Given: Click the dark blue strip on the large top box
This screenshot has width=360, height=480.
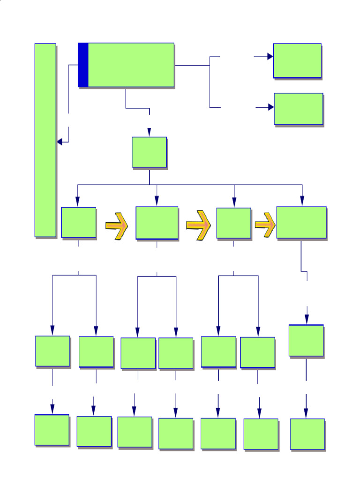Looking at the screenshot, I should (x=83, y=65).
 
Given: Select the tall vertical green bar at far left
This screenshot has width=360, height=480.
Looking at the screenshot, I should (x=45, y=140).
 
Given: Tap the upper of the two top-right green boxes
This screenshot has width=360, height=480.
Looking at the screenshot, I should (x=297, y=60).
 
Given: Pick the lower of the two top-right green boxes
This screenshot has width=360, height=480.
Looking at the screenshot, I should (x=299, y=109).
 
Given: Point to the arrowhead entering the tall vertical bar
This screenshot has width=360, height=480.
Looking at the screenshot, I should (x=60, y=142).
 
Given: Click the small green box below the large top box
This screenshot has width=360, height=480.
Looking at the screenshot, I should (x=149, y=152).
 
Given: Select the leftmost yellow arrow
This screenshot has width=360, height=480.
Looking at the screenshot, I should (x=117, y=226).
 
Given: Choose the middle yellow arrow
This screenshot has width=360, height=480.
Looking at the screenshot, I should (x=198, y=225).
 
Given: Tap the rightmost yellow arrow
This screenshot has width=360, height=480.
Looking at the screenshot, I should (x=265, y=225).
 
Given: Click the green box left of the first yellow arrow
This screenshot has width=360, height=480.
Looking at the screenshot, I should (x=78, y=222).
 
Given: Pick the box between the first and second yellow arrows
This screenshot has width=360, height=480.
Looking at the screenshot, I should (x=157, y=223).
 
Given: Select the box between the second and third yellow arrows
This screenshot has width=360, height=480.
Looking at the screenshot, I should (x=233, y=223).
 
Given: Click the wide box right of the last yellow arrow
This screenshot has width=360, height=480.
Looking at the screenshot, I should (x=301, y=222).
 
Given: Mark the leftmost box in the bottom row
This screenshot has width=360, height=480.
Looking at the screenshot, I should (x=52, y=430).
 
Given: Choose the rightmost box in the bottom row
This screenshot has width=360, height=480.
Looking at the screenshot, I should (x=307, y=434).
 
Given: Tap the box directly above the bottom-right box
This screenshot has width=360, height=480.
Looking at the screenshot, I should (x=306, y=340).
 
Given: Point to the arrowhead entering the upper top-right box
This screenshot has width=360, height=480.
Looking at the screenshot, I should (x=270, y=56).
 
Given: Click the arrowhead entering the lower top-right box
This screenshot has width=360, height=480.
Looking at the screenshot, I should (x=271, y=107).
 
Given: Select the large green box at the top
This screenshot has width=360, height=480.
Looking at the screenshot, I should (x=131, y=65).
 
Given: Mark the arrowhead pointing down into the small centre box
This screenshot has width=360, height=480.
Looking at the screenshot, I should (x=149, y=132).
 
